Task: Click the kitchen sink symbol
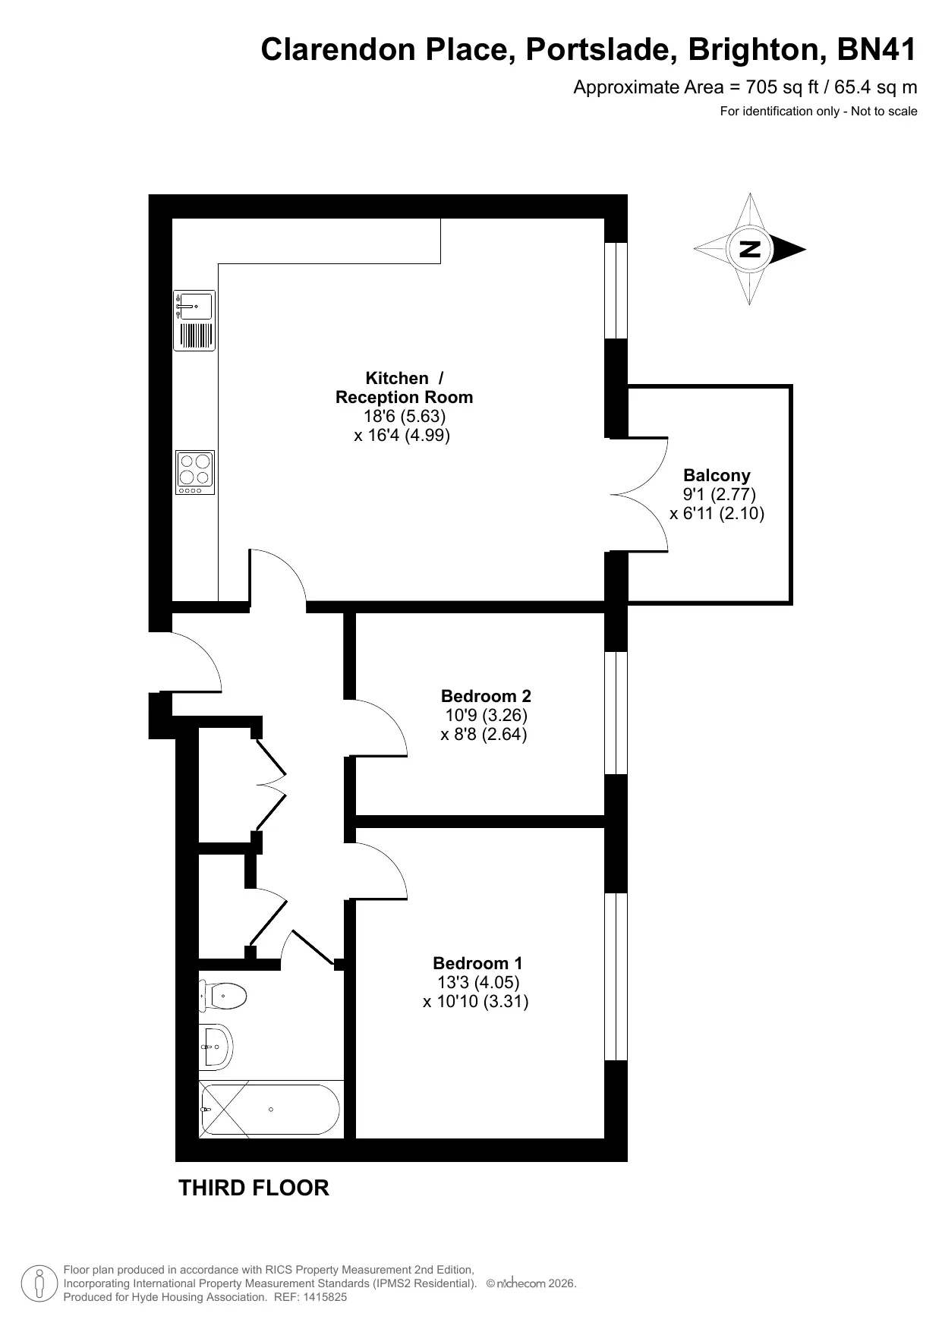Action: point(194,320)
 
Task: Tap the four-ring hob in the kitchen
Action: point(195,472)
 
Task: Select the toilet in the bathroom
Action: point(223,996)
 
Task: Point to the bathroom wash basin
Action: point(216,1047)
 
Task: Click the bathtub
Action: point(270,1110)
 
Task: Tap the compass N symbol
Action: point(750,249)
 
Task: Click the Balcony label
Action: point(717,476)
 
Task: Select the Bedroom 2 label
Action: point(486,696)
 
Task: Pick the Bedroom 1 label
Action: point(477,963)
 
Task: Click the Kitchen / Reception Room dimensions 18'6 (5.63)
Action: point(404,416)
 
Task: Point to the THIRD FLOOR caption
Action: point(254,1188)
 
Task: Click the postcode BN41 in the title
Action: point(877,50)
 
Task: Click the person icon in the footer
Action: point(39,1283)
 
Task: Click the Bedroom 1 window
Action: point(616,976)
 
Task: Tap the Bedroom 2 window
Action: point(616,713)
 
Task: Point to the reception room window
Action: point(616,290)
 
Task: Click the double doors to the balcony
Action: point(640,495)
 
